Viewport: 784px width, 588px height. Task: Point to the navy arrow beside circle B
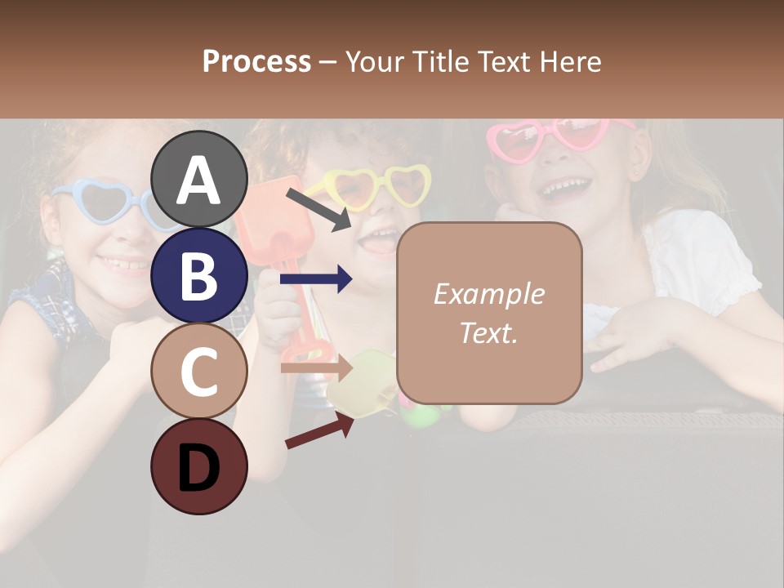pyautogui.click(x=316, y=280)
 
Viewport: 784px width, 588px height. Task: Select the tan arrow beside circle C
pyautogui.click(x=316, y=367)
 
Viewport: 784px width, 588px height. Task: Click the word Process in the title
pyautogui.click(x=256, y=61)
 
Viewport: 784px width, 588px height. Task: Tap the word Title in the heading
pyautogui.click(x=446, y=61)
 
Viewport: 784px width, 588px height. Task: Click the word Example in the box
pyautogui.click(x=488, y=294)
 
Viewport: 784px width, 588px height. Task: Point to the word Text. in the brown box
pyautogui.click(x=488, y=333)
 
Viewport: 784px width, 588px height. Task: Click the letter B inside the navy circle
pyautogui.click(x=198, y=276)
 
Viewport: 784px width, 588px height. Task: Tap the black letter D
pyautogui.click(x=198, y=468)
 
